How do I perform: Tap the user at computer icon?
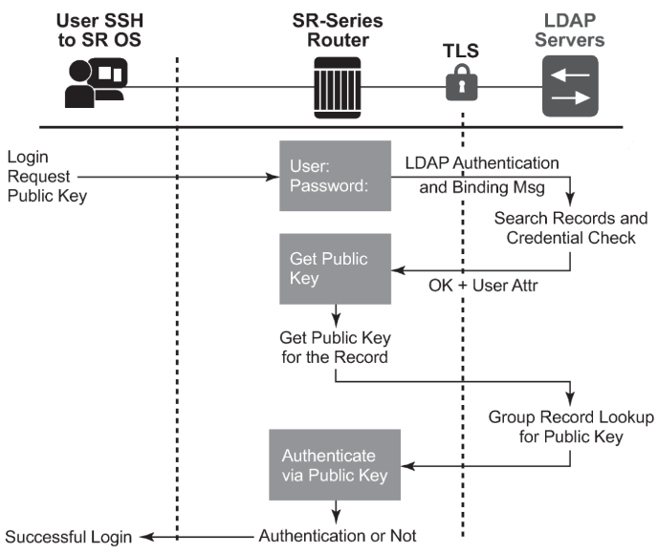tap(94, 83)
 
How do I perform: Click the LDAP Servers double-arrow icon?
tap(570, 83)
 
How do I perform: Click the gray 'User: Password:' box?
tap(335, 176)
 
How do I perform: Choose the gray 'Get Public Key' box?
tap(335, 268)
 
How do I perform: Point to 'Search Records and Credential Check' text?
tap(570, 227)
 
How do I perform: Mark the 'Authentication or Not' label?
tap(337, 535)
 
